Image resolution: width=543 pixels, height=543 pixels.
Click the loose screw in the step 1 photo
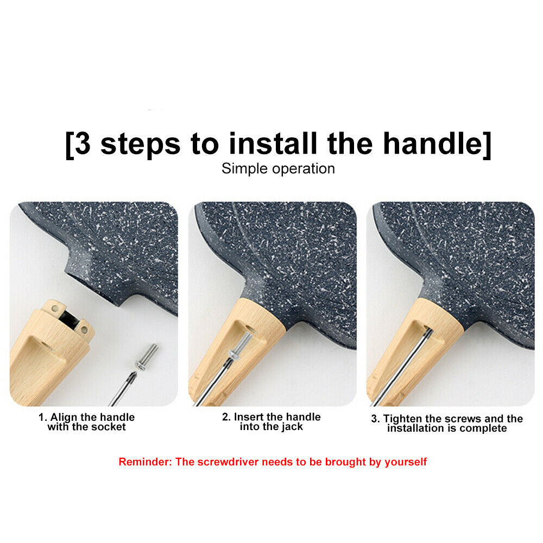tap(147, 356)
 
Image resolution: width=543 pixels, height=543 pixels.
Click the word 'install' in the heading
tap(273, 143)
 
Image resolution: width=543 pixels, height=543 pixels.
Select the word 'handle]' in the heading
tap(437, 144)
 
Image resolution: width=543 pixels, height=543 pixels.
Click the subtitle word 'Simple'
tap(244, 169)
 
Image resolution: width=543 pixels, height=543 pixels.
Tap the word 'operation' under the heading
tap(304, 169)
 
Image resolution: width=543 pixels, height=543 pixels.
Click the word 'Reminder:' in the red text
tap(145, 462)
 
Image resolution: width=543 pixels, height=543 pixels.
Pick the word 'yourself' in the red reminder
tap(406, 462)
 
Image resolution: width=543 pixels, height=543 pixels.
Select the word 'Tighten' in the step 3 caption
tap(402, 419)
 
